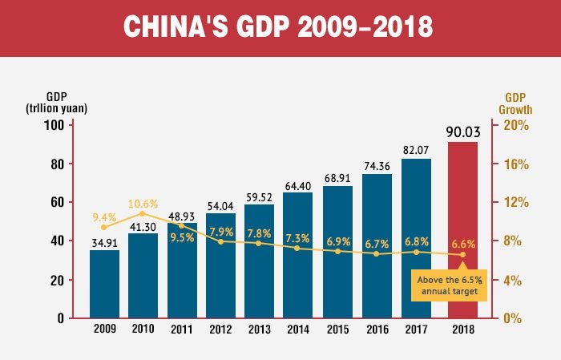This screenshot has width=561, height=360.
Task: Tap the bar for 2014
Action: point(297,273)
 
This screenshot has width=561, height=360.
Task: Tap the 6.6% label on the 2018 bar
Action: point(463,244)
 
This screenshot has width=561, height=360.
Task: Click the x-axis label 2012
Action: point(220,330)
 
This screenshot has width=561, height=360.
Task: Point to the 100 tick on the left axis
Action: point(54,125)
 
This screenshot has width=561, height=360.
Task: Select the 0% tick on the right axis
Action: point(514,318)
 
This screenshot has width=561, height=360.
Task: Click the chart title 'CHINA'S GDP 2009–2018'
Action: point(280,26)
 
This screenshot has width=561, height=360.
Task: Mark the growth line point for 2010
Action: point(142,213)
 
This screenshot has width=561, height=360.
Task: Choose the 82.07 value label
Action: point(416,150)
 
